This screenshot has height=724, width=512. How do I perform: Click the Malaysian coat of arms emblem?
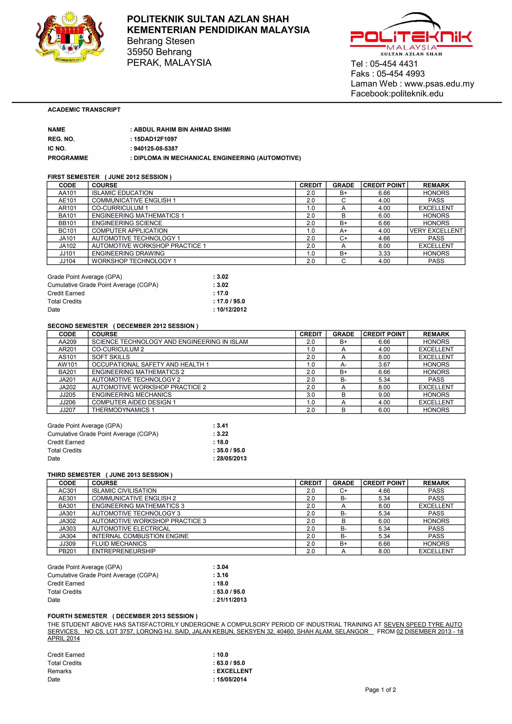(70, 37)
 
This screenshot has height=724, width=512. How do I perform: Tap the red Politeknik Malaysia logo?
(411, 35)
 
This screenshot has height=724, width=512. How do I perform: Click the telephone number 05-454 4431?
(393, 64)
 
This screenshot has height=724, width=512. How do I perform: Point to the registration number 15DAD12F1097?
(155, 139)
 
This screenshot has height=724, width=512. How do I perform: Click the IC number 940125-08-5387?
(155, 148)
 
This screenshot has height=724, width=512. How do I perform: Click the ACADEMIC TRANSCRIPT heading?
(84, 110)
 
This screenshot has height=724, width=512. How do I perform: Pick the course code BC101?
(67, 231)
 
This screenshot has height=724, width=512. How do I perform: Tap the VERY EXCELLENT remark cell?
(436, 231)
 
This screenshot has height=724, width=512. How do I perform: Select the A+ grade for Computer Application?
(343, 231)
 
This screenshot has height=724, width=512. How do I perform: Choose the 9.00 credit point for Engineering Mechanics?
(384, 395)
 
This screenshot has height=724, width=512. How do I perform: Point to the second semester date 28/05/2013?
(231, 459)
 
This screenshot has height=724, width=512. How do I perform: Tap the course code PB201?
(67, 551)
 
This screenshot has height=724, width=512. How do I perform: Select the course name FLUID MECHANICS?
(119, 544)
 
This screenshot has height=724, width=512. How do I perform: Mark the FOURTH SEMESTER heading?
(77, 616)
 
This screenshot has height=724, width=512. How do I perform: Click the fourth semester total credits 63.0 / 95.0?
(230, 663)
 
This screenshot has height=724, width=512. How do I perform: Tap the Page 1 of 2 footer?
(380, 690)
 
